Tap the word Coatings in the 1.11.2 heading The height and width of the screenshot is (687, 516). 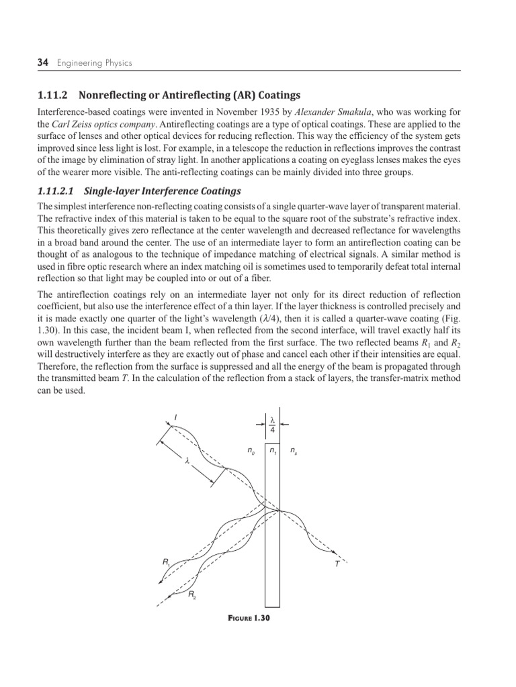(x=277, y=95)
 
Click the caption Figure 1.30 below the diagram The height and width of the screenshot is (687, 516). (x=247, y=619)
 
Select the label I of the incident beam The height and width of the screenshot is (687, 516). (x=175, y=418)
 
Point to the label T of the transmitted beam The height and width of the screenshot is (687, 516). (x=337, y=565)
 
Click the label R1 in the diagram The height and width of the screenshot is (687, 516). (x=165, y=562)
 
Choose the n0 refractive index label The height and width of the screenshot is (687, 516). (x=251, y=452)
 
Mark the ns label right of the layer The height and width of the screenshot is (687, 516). (x=294, y=452)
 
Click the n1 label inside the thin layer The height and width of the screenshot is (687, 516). (x=272, y=452)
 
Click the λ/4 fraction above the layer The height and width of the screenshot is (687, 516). (x=272, y=424)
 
